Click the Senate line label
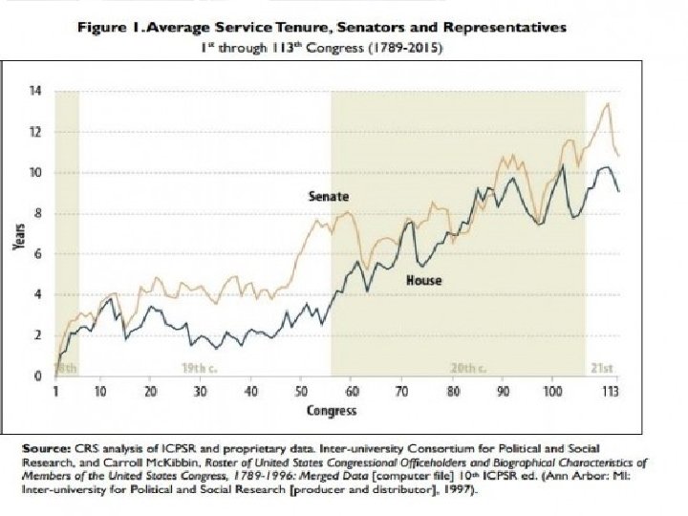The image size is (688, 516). coord(328,196)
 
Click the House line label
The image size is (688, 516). coord(423,281)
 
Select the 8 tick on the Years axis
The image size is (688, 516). coord(38,213)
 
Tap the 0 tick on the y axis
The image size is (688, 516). coord(38,376)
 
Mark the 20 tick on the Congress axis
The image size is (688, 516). coord(150,393)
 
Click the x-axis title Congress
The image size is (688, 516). coord(333,411)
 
